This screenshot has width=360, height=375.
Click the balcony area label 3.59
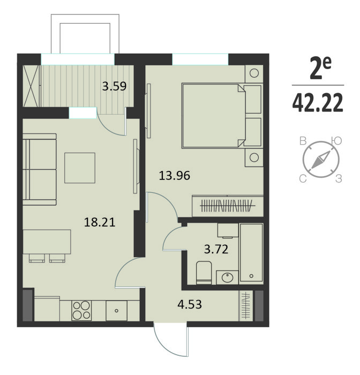click(x=114, y=86)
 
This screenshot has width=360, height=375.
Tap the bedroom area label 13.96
click(x=175, y=176)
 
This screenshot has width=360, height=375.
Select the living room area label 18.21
click(x=100, y=222)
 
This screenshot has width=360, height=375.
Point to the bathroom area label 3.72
click(x=216, y=249)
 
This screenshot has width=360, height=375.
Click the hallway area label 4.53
click(x=190, y=305)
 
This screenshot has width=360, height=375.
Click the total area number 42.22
click(x=318, y=103)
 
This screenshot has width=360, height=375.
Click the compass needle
click(x=321, y=160)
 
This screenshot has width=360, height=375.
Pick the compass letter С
click(x=303, y=178)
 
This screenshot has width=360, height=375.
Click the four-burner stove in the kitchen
click(x=81, y=310)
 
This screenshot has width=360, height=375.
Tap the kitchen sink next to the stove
click(x=116, y=311)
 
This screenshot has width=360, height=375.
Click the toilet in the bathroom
click(x=204, y=273)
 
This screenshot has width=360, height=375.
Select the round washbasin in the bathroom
click(x=227, y=277)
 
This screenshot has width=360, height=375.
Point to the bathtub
click(x=251, y=252)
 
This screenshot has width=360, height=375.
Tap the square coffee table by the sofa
click(x=80, y=168)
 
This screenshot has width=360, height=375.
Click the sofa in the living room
click(x=40, y=169)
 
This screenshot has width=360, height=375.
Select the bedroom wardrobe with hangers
click(x=228, y=206)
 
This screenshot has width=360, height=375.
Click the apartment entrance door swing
click(x=172, y=341)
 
